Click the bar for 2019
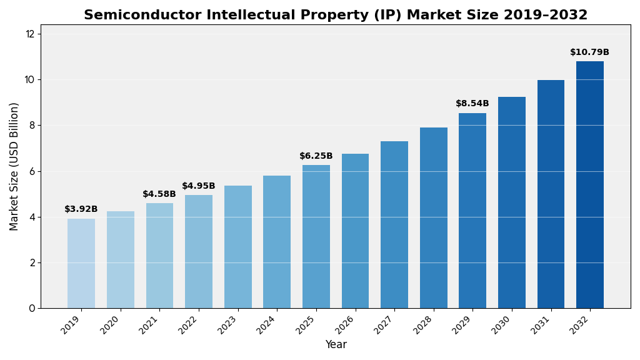(x=81, y=263)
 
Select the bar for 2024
(x=277, y=242)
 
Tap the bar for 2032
(x=590, y=184)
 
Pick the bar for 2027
(x=394, y=224)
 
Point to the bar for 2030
(x=512, y=202)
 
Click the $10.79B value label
(x=589, y=52)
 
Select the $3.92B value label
(x=81, y=209)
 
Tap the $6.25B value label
(x=316, y=156)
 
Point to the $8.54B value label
(x=472, y=104)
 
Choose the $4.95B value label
(x=199, y=186)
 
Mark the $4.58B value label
(x=159, y=194)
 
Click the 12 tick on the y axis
(x=30, y=34)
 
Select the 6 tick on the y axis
(x=32, y=171)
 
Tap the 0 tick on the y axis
(x=32, y=308)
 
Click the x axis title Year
(x=336, y=345)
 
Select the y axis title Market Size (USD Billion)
(x=14, y=166)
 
